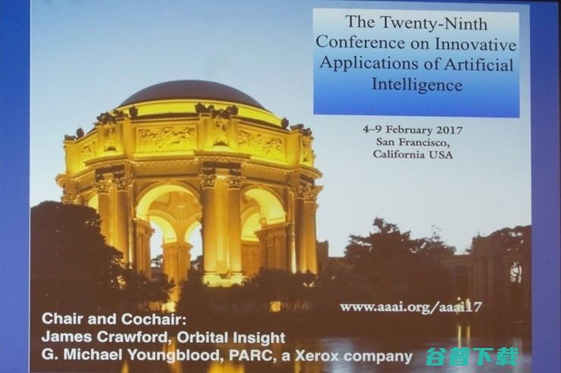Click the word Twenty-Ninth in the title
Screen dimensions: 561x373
point(433,24)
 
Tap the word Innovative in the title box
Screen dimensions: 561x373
point(475,44)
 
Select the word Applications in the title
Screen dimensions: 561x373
point(369,64)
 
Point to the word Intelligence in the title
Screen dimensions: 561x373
point(417,85)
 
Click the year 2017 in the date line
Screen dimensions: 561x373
point(450,130)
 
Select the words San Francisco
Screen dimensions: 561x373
point(412,142)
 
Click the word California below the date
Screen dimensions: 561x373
point(400,154)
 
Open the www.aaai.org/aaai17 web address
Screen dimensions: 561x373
point(411,308)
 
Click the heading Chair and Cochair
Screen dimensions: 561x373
point(114,319)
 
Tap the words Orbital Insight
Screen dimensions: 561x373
point(231,337)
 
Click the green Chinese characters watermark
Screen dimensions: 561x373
point(472,356)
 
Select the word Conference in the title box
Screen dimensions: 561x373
point(360,43)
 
